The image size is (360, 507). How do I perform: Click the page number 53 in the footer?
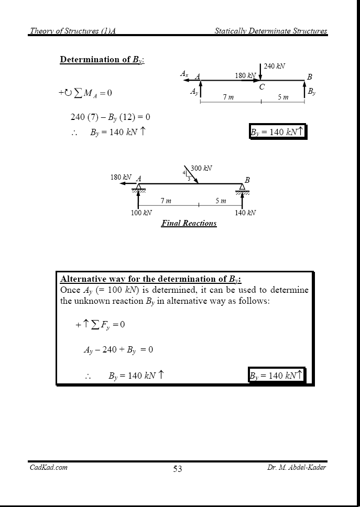coord(178,469)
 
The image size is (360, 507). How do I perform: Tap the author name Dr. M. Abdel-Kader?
coord(296,467)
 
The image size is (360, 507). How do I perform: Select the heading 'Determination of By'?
coord(102,60)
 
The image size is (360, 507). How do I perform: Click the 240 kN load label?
coord(275,67)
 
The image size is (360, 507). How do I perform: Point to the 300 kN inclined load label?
coord(201,168)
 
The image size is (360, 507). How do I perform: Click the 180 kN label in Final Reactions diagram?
coord(121,177)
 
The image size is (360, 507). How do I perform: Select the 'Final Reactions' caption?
coord(189,223)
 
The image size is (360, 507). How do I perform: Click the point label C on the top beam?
coord(261,87)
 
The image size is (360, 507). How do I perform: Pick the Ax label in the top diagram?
coord(184,74)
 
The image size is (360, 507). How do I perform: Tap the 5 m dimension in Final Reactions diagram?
coord(221,201)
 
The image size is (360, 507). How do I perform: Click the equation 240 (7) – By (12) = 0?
coord(110,117)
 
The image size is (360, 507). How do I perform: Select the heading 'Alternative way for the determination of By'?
coord(151,279)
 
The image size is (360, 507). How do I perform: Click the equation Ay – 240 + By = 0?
coord(118,349)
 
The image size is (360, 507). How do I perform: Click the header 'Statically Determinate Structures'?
coord(270,31)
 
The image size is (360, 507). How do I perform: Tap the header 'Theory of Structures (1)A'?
coord(72,31)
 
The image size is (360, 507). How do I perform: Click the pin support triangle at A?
coord(138,187)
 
